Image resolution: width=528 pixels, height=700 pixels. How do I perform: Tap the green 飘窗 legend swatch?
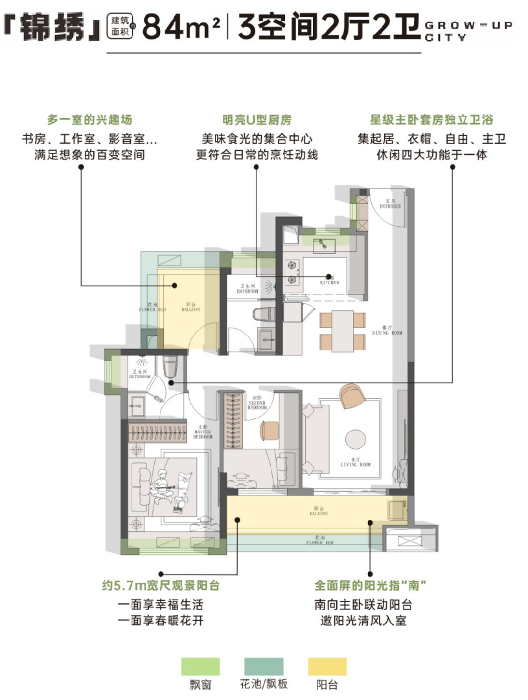[x=200, y=666]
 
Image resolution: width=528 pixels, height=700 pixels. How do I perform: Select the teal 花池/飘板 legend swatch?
[x=264, y=666]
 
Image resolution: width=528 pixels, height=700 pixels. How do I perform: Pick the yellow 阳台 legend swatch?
[x=327, y=666]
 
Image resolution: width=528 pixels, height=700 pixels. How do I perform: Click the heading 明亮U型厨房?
[x=257, y=120]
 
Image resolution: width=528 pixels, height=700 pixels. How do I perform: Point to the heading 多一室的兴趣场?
[x=81, y=120]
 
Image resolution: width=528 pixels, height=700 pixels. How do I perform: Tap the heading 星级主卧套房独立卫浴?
[x=431, y=120]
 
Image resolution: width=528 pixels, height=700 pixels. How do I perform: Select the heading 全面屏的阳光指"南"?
[x=370, y=586]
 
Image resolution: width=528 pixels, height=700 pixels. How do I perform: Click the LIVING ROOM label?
[x=355, y=464]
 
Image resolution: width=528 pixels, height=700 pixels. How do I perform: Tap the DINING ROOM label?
[x=387, y=332]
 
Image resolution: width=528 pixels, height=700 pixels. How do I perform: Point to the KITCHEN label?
[x=329, y=282]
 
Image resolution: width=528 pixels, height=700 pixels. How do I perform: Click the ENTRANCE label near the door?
[x=391, y=206]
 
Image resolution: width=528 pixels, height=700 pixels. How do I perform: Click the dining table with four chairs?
[x=337, y=330]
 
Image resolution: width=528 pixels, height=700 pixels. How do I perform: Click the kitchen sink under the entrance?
[x=323, y=245]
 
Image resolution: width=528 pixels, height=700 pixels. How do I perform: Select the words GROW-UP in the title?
[x=467, y=25]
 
